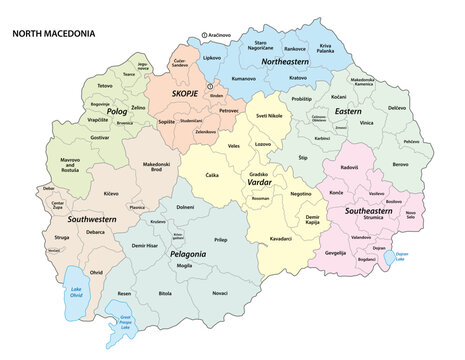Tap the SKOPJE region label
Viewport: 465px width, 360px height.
point(185,92)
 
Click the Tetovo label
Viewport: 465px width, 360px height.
point(104,86)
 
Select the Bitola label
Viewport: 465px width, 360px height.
point(164,295)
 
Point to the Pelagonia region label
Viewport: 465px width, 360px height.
point(187,255)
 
